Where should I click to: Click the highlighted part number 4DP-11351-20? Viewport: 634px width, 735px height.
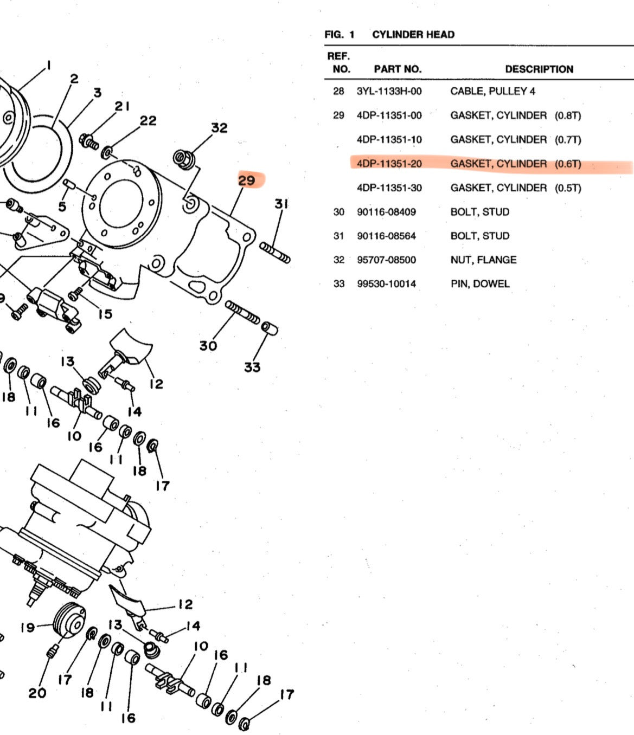tap(389, 164)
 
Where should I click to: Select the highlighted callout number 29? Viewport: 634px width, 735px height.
tap(247, 180)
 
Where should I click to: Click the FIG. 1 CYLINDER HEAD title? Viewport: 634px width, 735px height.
tap(389, 35)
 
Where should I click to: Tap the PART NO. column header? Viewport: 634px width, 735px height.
tap(397, 69)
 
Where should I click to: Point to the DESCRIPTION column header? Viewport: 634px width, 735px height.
tap(539, 69)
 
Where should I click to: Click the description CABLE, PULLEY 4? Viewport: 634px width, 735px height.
tap(492, 91)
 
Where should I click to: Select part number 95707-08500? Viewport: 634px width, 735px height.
tap(386, 260)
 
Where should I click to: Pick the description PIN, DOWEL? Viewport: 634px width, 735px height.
tap(479, 283)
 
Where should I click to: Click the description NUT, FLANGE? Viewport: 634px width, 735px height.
tap(483, 260)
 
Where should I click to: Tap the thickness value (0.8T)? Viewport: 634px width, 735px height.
tap(567, 115)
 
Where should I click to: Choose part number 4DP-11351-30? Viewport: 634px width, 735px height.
tap(389, 188)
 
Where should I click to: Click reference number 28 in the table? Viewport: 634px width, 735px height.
tap(338, 91)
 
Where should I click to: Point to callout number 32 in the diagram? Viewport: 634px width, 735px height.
tap(219, 128)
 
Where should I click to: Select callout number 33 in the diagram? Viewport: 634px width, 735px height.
tap(252, 367)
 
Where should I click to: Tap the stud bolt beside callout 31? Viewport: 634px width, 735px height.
tap(274, 253)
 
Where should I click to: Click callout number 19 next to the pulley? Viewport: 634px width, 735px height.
tap(28, 628)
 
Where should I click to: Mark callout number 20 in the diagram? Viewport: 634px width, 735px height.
tap(37, 693)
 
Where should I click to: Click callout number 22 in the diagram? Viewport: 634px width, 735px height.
tap(148, 121)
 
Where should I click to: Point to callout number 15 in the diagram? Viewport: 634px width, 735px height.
tap(105, 314)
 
